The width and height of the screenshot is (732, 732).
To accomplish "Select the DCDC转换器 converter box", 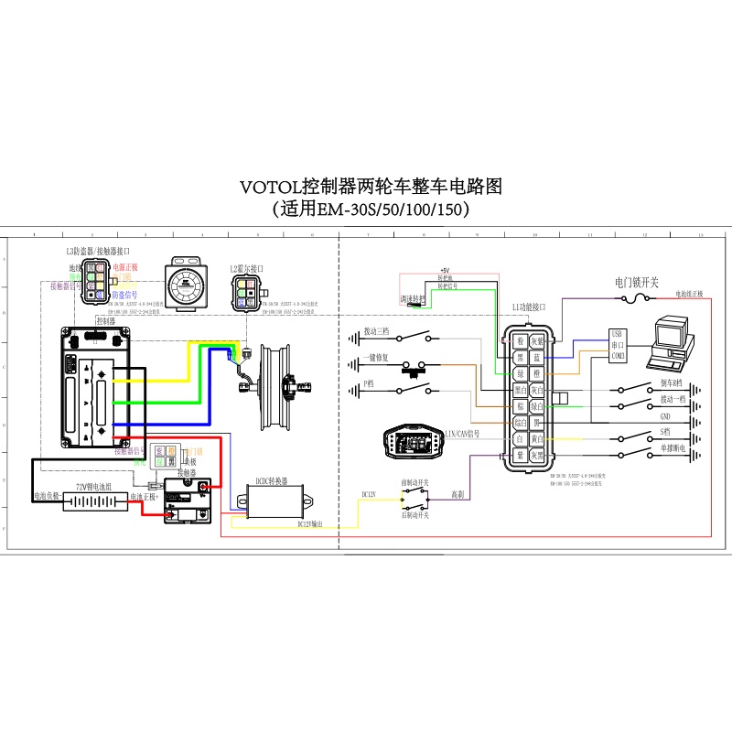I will click(275, 501).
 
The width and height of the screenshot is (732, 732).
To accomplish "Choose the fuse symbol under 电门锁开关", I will click(634, 298).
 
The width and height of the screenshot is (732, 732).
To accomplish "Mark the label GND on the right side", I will click(665, 415).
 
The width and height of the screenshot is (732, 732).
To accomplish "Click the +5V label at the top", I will click(446, 272).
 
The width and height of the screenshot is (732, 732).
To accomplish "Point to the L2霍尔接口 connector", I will click(245, 292).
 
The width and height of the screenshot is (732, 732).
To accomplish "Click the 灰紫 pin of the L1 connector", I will click(538, 341).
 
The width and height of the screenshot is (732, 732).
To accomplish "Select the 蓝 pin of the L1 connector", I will click(538, 357).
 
